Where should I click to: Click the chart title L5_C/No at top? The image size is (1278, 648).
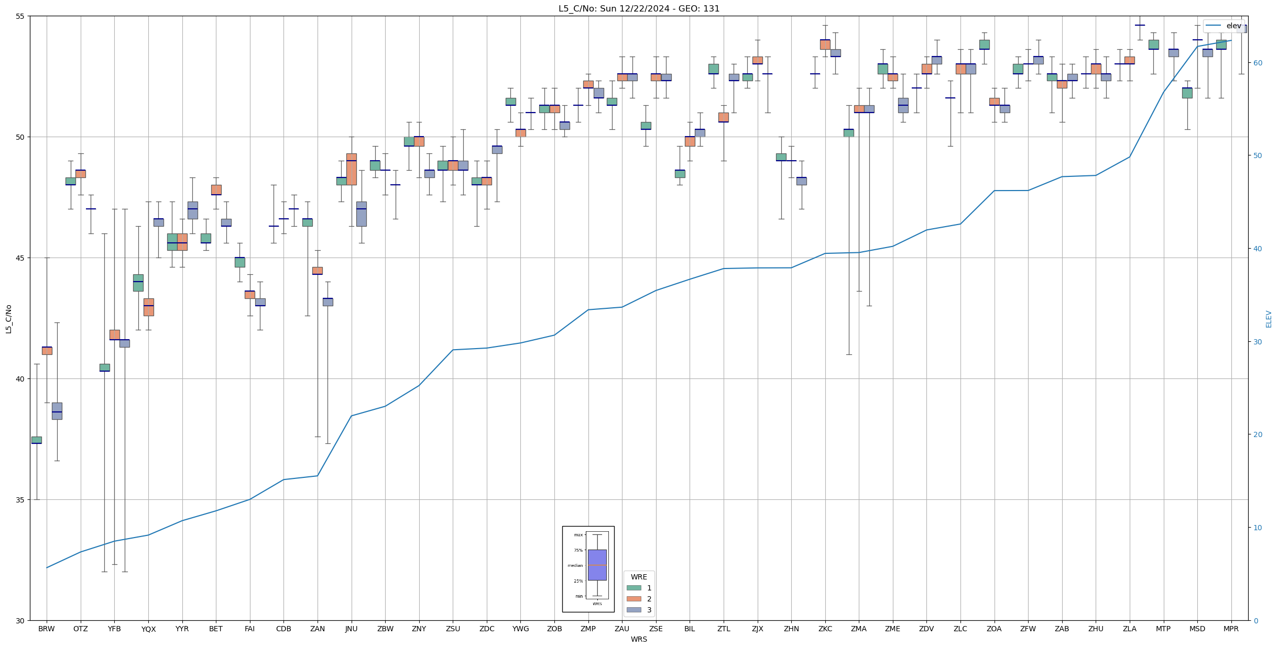(x=639, y=9)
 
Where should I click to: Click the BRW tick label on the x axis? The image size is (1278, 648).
(x=47, y=629)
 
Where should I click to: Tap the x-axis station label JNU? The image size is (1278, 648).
(x=351, y=629)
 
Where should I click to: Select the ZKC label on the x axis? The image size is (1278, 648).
(x=825, y=629)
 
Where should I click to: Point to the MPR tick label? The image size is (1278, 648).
(x=1231, y=629)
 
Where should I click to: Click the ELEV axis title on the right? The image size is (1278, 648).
(x=1269, y=319)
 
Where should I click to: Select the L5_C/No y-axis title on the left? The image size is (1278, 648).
(x=8, y=319)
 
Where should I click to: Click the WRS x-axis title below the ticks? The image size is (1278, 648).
(x=639, y=640)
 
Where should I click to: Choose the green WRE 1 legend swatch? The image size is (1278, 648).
(x=633, y=588)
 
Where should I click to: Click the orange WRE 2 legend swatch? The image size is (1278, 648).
(x=633, y=599)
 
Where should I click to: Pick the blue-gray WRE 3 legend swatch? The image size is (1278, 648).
(x=633, y=610)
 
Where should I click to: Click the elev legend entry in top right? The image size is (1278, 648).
(x=1224, y=26)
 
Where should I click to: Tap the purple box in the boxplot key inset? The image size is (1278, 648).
(x=597, y=565)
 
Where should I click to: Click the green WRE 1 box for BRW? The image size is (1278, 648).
(x=37, y=440)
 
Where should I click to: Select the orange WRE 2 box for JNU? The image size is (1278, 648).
(x=351, y=169)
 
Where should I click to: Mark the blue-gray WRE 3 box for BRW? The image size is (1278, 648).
(x=57, y=411)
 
